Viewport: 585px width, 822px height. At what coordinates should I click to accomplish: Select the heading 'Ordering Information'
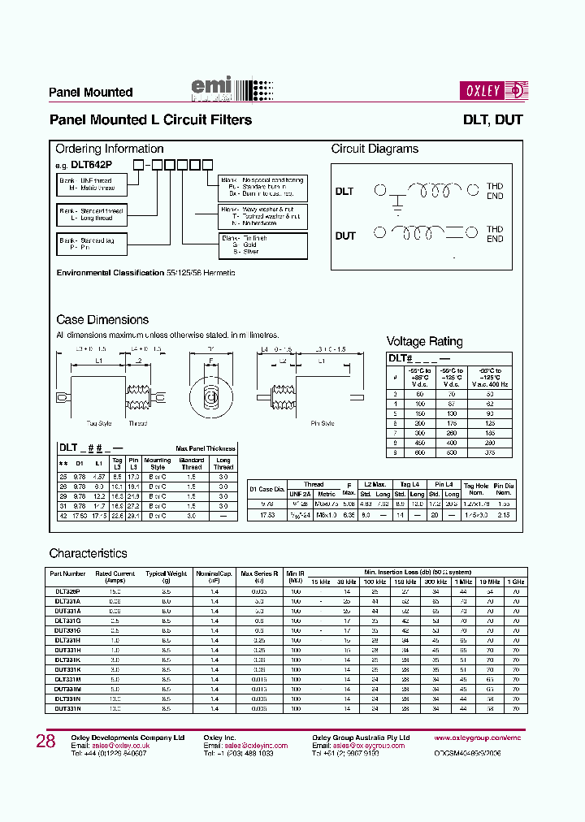[109, 149]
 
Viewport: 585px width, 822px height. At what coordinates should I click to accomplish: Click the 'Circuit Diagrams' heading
[375, 149]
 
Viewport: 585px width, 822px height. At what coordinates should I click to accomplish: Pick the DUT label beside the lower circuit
[345, 236]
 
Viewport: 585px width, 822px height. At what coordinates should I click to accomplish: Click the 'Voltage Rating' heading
[424, 341]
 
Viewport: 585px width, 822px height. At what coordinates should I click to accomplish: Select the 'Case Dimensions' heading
[102, 320]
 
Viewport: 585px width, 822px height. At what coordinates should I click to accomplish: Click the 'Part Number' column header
[67, 573]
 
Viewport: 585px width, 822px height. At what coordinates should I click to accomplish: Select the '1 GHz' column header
[515, 582]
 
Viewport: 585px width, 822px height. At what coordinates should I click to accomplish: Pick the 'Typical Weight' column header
[166, 573]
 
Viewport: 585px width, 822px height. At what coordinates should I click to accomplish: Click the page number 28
[45, 742]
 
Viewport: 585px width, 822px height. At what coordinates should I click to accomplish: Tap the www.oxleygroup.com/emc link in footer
[476, 738]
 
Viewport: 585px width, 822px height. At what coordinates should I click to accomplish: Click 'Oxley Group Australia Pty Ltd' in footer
[361, 738]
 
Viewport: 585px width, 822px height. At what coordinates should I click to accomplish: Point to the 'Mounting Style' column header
[158, 463]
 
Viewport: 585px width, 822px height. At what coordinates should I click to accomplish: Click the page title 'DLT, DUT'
[492, 120]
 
